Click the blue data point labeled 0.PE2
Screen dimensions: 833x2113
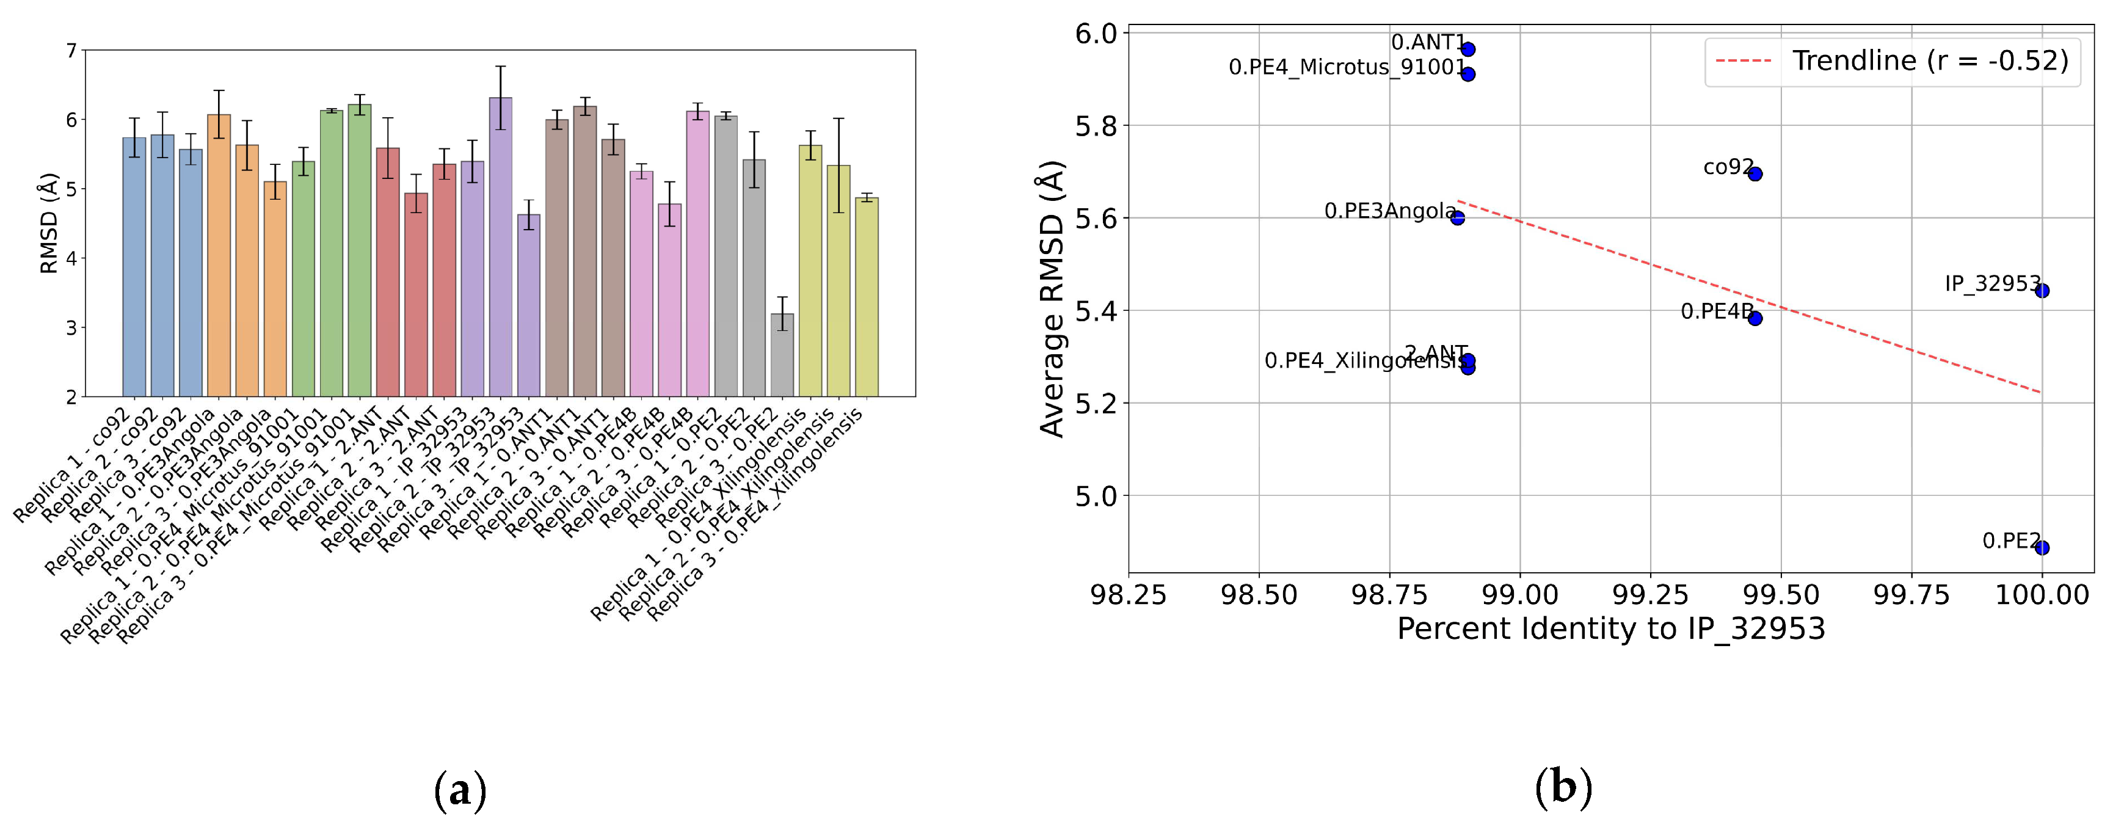(x=2042, y=548)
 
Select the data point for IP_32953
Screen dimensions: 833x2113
(x=2042, y=290)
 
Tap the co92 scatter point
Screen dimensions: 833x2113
(x=1755, y=174)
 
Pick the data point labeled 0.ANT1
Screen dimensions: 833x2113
(x=1468, y=49)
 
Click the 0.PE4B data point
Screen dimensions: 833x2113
(x=1755, y=318)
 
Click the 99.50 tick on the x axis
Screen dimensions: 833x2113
(x=1781, y=594)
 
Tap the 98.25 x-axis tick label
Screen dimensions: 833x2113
(x=1129, y=594)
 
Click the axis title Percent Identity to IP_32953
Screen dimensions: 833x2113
(x=1611, y=630)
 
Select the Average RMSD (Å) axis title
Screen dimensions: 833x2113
(x=1052, y=299)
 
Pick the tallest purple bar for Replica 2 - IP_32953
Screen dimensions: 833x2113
(x=500, y=246)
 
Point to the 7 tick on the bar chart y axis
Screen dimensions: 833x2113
(x=71, y=51)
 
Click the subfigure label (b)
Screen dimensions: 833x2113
(x=1563, y=788)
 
